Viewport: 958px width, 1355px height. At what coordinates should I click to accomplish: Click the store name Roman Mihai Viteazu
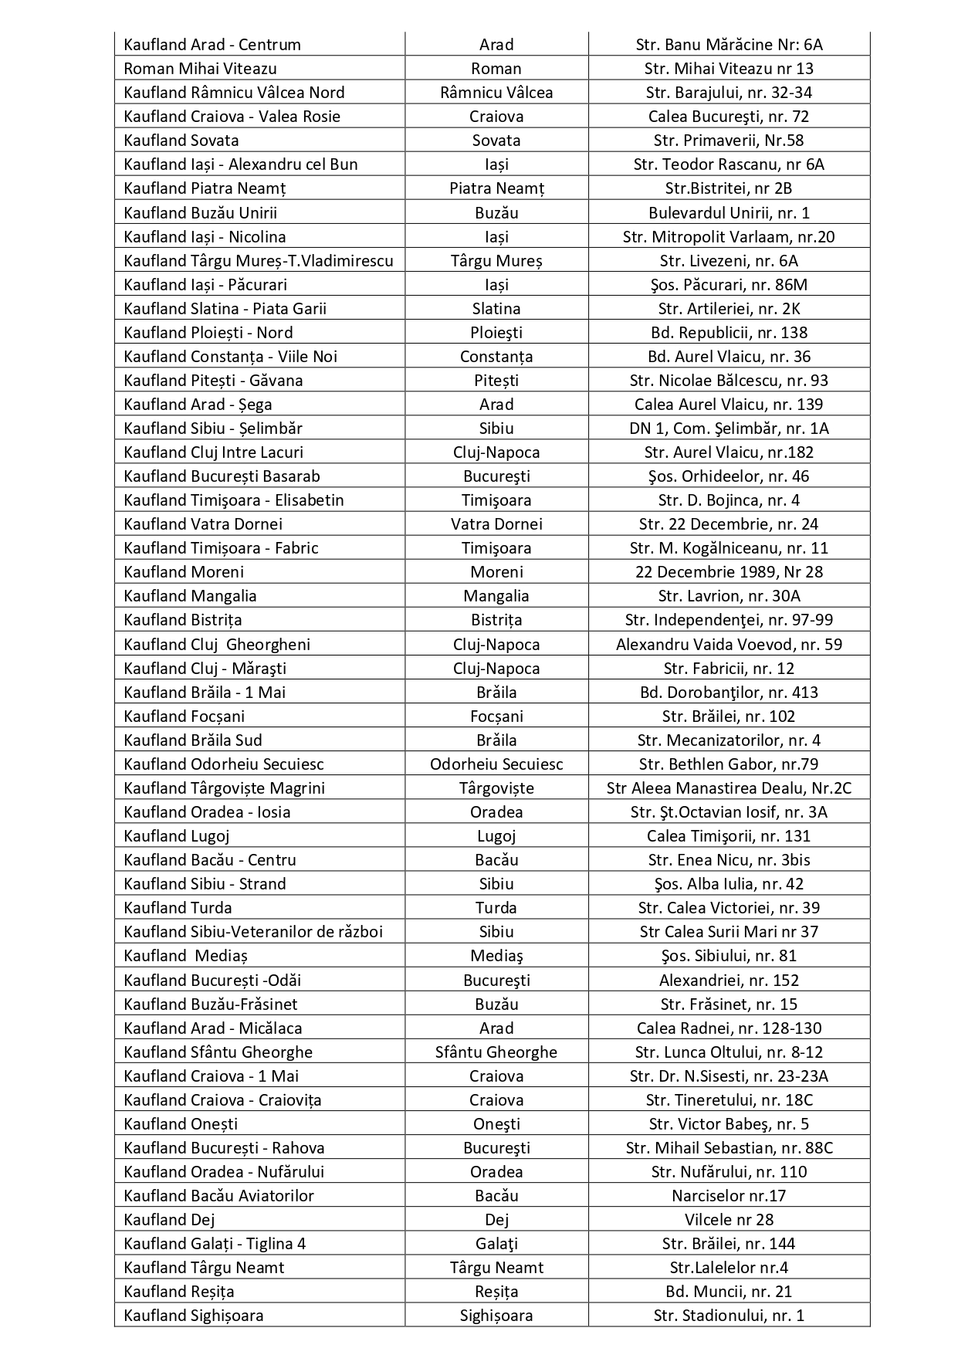[x=200, y=69]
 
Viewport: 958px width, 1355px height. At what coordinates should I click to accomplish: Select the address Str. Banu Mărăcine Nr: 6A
[x=729, y=45]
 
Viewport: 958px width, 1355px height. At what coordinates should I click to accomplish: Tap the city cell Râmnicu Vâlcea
[x=496, y=93]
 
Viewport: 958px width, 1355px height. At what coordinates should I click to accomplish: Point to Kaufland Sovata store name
[x=181, y=141]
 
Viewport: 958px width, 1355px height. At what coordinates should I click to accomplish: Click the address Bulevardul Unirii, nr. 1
[x=729, y=213]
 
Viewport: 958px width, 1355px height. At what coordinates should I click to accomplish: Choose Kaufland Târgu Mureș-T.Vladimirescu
[x=259, y=261]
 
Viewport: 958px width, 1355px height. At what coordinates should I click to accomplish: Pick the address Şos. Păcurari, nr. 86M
[x=729, y=285]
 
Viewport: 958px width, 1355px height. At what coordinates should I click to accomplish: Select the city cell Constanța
[x=496, y=357]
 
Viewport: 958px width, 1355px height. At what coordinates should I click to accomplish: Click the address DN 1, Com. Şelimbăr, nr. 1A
[x=729, y=429]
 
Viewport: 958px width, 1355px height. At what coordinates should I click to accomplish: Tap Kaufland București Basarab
[x=222, y=476]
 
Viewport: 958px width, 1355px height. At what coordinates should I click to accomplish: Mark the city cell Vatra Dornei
[x=496, y=524]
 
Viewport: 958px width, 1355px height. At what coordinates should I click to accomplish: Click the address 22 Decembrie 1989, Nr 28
[x=729, y=572]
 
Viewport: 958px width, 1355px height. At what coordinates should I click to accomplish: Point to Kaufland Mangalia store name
[x=190, y=596]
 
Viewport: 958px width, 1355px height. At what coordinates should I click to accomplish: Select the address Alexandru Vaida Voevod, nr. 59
[x=729, y=645]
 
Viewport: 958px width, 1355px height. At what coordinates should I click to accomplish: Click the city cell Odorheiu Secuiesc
[x=496, y=764]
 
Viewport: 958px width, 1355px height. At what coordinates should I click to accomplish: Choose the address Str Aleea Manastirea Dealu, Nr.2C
[x=729, y=788]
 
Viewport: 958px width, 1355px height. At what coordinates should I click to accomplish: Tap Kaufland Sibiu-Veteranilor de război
[x=253, y=932]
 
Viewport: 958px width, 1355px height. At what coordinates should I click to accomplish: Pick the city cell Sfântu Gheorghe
[x=496, y=1052]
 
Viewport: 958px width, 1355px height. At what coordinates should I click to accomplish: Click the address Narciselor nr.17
[x=729, y=1196]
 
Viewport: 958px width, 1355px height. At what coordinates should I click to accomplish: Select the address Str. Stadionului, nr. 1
[x=729, y=1316]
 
